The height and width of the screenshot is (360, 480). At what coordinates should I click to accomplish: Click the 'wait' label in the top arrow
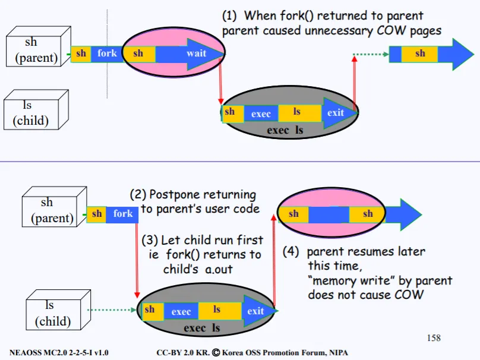(196, 53)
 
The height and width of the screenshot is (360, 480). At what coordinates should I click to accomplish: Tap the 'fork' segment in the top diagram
(107, 53)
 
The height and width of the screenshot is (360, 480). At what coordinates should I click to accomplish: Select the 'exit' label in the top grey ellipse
(336, 112)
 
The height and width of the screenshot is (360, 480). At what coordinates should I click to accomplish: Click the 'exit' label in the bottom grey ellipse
(255, 311)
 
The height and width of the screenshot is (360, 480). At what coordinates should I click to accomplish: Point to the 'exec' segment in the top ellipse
(261, 113)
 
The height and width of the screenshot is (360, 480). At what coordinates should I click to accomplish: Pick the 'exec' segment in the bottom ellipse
(181, 311)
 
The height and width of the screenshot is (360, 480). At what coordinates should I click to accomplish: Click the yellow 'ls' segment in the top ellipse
(296, 112)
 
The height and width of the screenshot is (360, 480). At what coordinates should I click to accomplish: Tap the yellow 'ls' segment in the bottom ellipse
(217, 310)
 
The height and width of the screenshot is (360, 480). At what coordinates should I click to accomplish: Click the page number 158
(434, 338)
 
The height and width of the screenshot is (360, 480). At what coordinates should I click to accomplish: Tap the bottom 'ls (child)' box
(52, 313)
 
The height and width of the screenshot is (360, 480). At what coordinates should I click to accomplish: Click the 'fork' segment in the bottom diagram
(123, 214)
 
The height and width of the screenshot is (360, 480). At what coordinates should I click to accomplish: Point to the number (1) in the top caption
(230, 16)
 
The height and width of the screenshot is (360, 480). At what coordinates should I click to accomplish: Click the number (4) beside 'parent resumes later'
(290, 251)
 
